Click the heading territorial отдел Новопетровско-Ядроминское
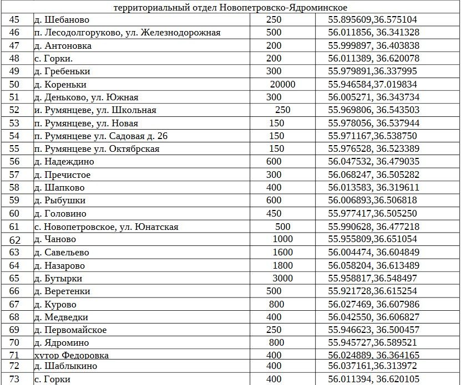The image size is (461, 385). click(x=230, y=7)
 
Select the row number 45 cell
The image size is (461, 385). click(x=15, y=19)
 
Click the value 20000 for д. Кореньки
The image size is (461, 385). click(x=282, y=84)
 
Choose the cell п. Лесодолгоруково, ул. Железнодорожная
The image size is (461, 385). click(x=127, y=33)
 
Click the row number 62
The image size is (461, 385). click(x=15, y=240)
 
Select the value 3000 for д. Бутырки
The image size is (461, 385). click(x=282, y=278)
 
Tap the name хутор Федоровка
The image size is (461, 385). click(x=71, y=355)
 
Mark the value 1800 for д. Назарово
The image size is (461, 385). click(x=282, y=265)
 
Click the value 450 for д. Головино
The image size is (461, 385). click(x=274, y=213)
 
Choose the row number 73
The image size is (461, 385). click(x=15, y=379)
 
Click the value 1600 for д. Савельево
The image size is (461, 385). click(x=282, y=253)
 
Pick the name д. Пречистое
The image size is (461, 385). click(x=62, y=175)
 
